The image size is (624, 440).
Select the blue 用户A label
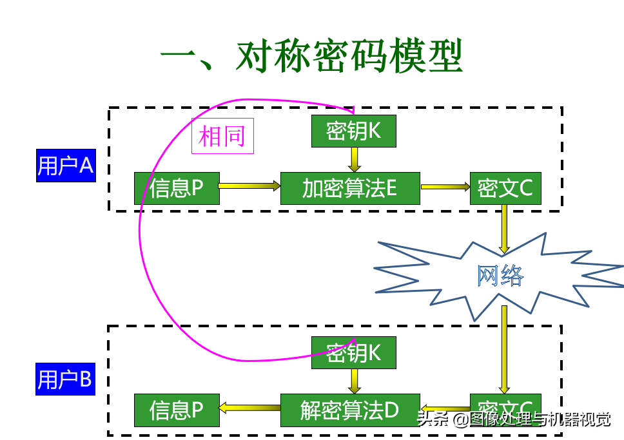point(66,166)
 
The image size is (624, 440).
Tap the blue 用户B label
point(65,379)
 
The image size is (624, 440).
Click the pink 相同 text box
point(222,136)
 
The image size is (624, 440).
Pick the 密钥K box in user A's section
point(353,131)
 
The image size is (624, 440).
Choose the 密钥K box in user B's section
point(353,352)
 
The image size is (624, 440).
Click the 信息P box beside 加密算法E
point(177,188)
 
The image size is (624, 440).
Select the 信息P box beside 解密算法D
point(177,410)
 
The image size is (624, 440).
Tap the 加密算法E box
point(350,188)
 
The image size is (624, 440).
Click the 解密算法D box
point(350,410)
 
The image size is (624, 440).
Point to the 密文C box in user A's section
point(505,188)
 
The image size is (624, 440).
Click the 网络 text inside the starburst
point(500,276)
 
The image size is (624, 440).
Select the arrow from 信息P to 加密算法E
point(249,186)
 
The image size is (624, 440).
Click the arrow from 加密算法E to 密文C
point(445,187)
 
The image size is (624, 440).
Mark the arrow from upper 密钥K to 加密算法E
point(354,159)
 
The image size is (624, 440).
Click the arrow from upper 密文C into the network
point(505,229)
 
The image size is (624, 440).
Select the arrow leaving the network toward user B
point(505,348)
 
